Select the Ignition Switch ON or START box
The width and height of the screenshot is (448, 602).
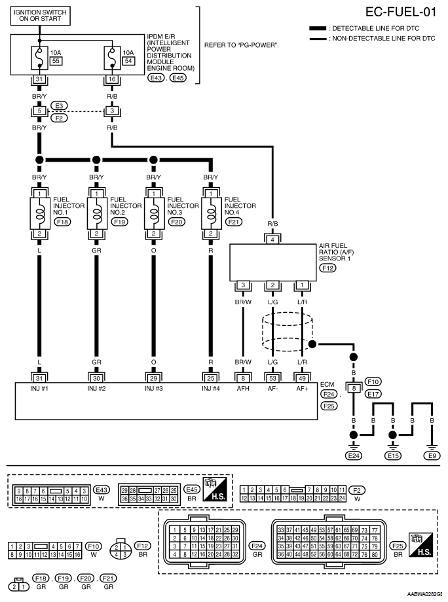coord(41,15)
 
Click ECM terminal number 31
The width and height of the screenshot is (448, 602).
coord(39,377)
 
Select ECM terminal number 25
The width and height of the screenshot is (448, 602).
coord(210,377)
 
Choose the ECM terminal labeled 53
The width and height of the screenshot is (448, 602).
coord(272,377)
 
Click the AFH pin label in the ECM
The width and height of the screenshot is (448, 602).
coord(243,389)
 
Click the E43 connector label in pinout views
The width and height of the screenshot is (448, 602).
coord(102,489)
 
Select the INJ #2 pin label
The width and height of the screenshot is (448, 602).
coord(96,389)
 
